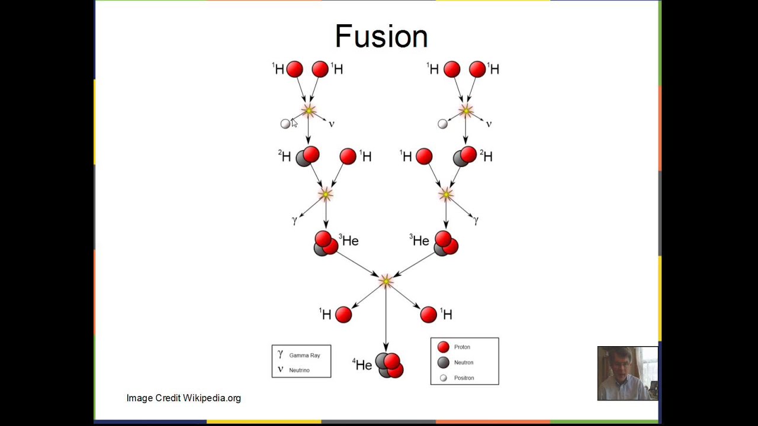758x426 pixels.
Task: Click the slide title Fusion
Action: click(381, 36)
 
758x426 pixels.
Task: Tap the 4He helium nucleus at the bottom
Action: click(389, 365)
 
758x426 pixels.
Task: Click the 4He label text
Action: click(362, 364)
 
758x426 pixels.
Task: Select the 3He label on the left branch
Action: click(349, 240)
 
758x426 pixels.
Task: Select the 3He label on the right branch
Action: click(419, 240)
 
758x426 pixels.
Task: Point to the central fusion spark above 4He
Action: click(386, 281)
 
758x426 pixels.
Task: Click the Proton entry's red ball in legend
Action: click(443, 347)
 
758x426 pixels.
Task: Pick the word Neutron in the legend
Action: click(464, 363)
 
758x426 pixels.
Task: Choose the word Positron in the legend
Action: click(464, 378)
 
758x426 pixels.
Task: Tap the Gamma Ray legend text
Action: click(304, 356)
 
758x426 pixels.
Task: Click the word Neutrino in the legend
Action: click(299, 370)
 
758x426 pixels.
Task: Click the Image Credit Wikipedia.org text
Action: click(184, 398)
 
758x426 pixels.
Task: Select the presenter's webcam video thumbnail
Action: click(627, 373)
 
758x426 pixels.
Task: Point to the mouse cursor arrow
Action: click(294, 122)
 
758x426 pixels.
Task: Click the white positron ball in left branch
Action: click(285, 124)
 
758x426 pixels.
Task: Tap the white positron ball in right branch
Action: click(442, 124)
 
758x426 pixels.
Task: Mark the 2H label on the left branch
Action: click(284, 156)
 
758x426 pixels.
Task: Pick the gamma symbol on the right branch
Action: click(476, 220)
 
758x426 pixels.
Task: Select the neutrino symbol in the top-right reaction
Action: click(489, 124)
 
